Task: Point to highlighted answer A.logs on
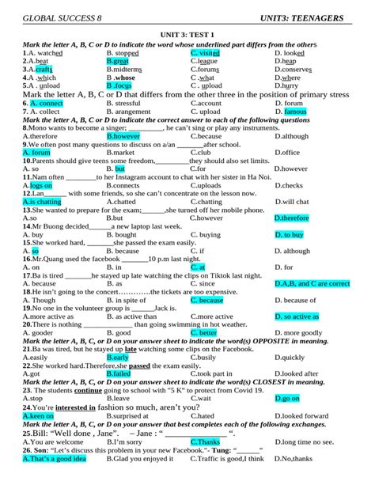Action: (36, 185)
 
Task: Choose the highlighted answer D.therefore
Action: (291, 218)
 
